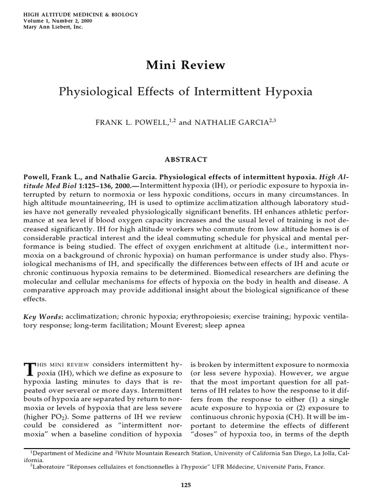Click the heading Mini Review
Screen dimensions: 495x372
(x=186, y=65)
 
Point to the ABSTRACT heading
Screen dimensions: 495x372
(x=186, y=160)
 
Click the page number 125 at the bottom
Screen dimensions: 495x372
(x=186, y=485)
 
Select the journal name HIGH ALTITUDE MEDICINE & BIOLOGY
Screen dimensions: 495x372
(x=81, y=15)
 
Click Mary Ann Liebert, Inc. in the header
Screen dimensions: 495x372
(x=53, y=27)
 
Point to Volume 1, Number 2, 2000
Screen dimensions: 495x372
(x=58, y=21)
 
